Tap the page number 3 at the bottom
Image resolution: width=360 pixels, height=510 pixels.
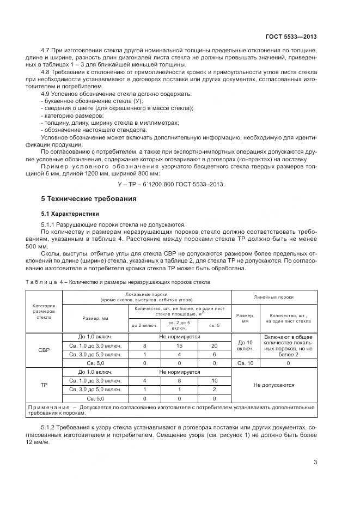tap(315, 463)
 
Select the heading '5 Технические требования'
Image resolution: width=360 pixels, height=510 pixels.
tap(85, 199)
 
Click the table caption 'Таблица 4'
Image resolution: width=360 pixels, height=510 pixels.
tap(42, 282)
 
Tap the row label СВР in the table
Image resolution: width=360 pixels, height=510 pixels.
tap(44, 350)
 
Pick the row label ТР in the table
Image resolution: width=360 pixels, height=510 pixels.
tap(44, 385)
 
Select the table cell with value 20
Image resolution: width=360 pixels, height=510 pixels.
tap(214, 345)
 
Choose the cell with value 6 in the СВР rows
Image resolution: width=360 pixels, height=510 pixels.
tap(214, 354)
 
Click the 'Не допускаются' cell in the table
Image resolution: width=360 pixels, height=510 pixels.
tap(274, 385)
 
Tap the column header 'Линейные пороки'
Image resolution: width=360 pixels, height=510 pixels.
tap(274, 297)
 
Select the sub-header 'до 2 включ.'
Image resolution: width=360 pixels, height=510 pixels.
tap(144, 325)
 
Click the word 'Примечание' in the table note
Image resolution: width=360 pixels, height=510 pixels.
tap(50, 407)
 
